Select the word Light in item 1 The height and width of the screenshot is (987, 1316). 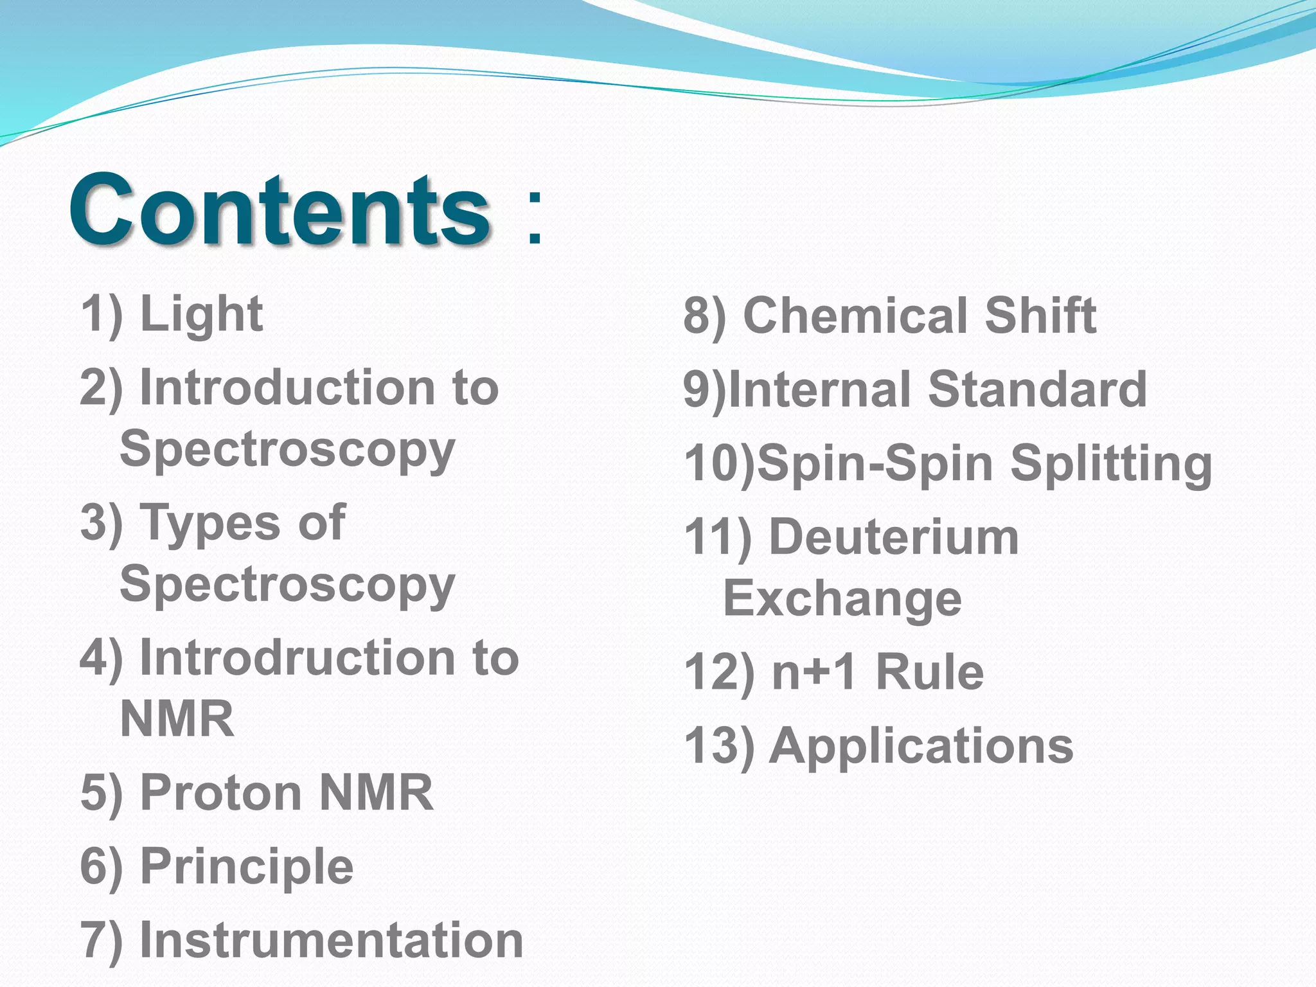pos(201,315)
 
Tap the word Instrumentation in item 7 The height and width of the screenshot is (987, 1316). pos(332,940)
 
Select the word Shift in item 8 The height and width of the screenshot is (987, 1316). pos(1040,316)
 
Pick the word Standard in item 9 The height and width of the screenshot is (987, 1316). pos(1037,389)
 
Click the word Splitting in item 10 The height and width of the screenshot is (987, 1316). pos(1111,464)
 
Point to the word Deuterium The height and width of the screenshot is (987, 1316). pos(894,537)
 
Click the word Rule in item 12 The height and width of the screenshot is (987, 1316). pos(929,672)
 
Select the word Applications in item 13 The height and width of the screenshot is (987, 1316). pos(921,746)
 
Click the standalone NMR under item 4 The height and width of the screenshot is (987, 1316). pos(177,719)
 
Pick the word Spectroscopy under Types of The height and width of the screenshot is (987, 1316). pos(287,585)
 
